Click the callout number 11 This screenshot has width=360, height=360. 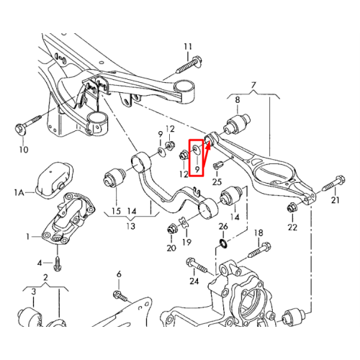pyautogui.click(x=188, y=47)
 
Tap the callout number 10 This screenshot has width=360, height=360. pyautogui.click(x=24, y=150)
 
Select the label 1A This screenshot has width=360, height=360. pyautogui.click(x=19, y=192)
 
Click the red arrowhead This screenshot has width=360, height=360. pyautogui.click(x=208, y=145)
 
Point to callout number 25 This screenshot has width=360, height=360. pyautogui.click(x=217, y=181)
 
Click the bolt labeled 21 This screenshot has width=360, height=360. pyautogui.click(x=334, y=183)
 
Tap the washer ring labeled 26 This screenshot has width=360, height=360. pyautogui.click(x=222, y=243)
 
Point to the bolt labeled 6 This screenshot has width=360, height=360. pyautogui.click(x=120, y=296)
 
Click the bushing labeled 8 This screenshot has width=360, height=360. pyautogui.click(x=237, y=124)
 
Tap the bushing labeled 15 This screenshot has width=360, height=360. pyautogui.click(x=114, y=177)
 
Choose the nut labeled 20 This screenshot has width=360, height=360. pyautogui.click(x=172, y=229)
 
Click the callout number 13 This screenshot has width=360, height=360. pyautogui.click(x=131, y=226)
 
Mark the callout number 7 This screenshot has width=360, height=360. pyautogui.click(x=253, y=85)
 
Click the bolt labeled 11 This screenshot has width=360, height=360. pyautogui.click(x=189, y=64)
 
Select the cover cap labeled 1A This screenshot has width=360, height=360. pyautogui.click(x=54, y=181)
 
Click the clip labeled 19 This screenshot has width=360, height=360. pyautogui.click(x=184, y=223)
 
